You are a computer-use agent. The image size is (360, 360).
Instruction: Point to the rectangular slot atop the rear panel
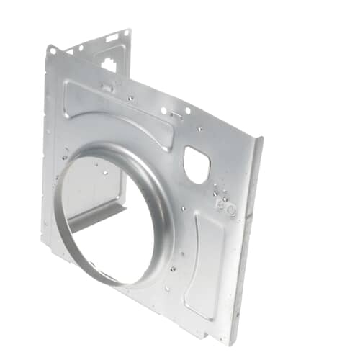[x=112, y=37]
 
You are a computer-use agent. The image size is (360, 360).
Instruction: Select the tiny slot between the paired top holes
[x=176, y=114]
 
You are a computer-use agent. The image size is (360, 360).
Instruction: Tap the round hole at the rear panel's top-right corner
[x=127, y=32]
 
